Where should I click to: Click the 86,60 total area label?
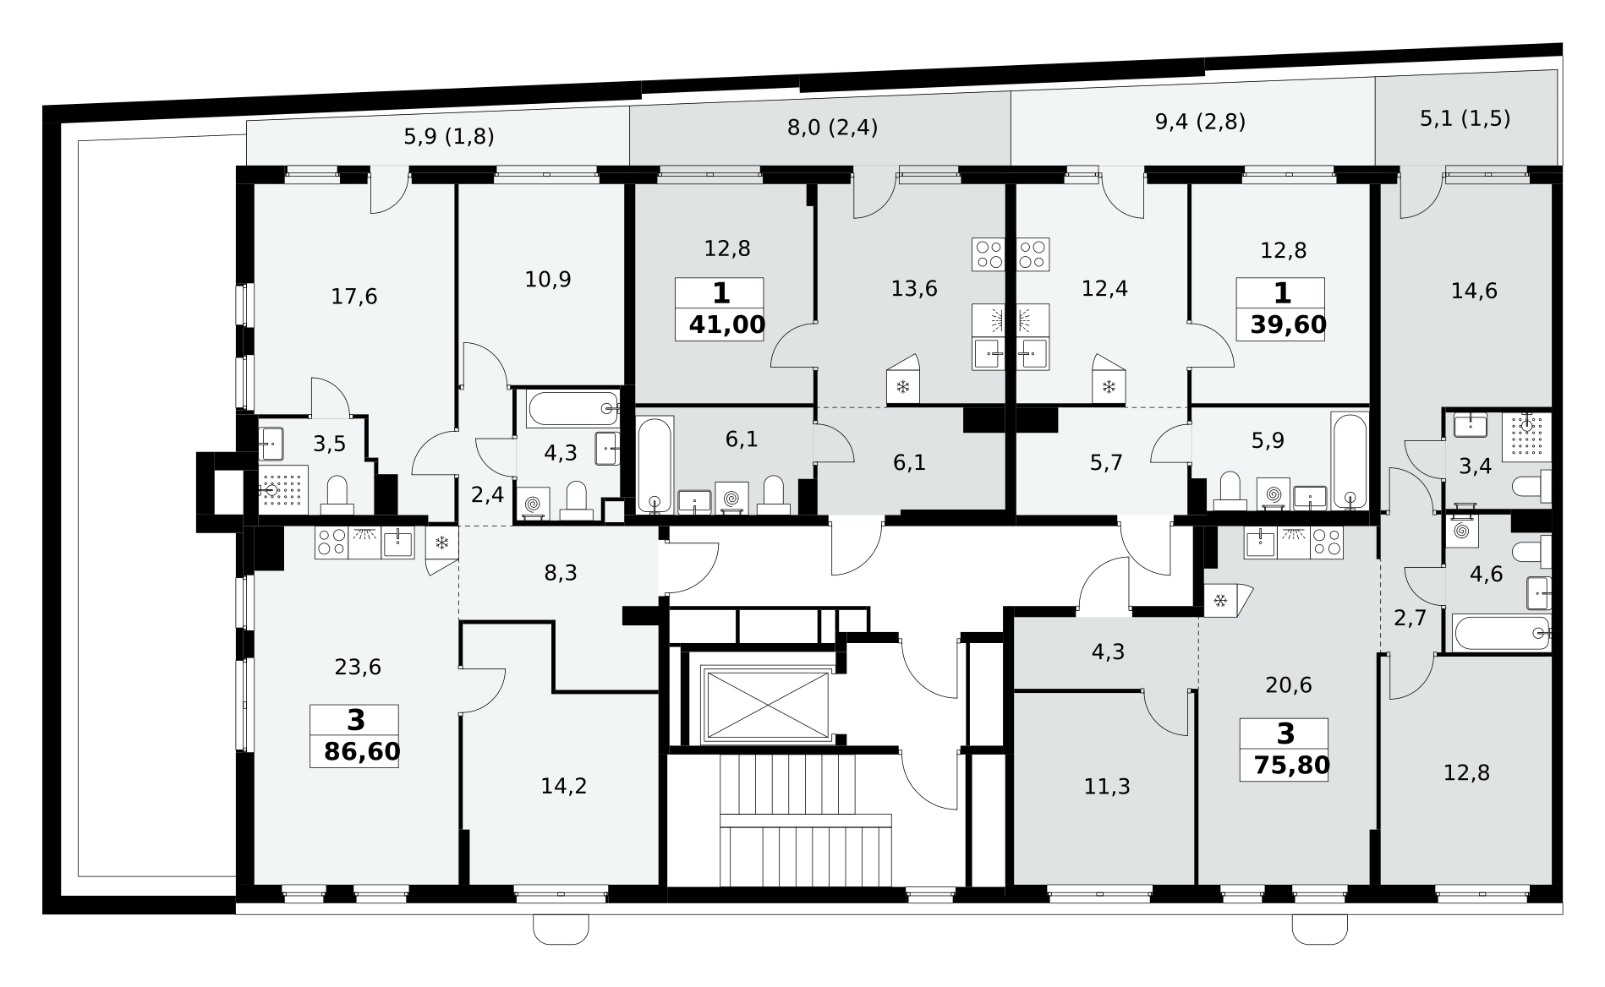tap(362, 751)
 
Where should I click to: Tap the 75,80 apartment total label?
tap(1290, 766)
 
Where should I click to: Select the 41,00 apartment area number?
tap(727, 324)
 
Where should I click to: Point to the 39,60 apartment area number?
tap(1289, 324)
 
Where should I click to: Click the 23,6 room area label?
tap(358, 668)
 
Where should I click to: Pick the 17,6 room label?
tap(354, 297)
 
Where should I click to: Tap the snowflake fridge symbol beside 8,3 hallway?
tap(441, 543)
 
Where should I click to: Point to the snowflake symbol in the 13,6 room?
tap(902, 387)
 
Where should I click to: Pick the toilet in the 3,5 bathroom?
tap(337, 495)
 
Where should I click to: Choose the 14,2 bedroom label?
tap(564, 787)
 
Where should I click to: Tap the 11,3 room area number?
tap(1107, 788)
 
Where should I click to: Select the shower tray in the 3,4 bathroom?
tap(1528, 435)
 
